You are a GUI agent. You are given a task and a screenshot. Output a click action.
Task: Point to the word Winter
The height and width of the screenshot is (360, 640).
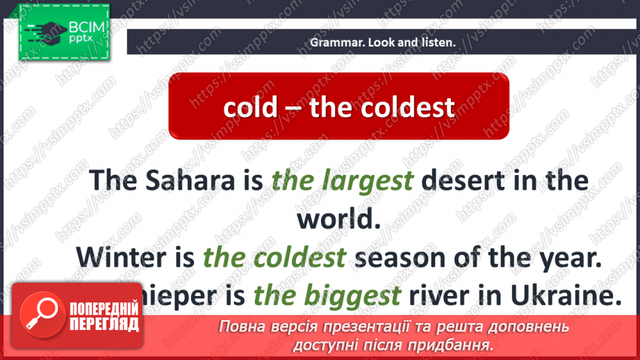click(x=122, y=257)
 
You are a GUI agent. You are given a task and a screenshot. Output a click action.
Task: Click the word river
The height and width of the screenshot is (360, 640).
click(x=439, y=297)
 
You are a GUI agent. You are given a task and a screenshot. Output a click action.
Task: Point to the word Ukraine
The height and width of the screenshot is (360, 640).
click(x=559, y=297)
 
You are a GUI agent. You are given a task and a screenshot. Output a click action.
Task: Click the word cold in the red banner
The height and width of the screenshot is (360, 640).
click(x=250, y=107)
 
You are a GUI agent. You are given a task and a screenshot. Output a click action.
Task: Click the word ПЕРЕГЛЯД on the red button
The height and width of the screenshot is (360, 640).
click(x=104, y=325)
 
